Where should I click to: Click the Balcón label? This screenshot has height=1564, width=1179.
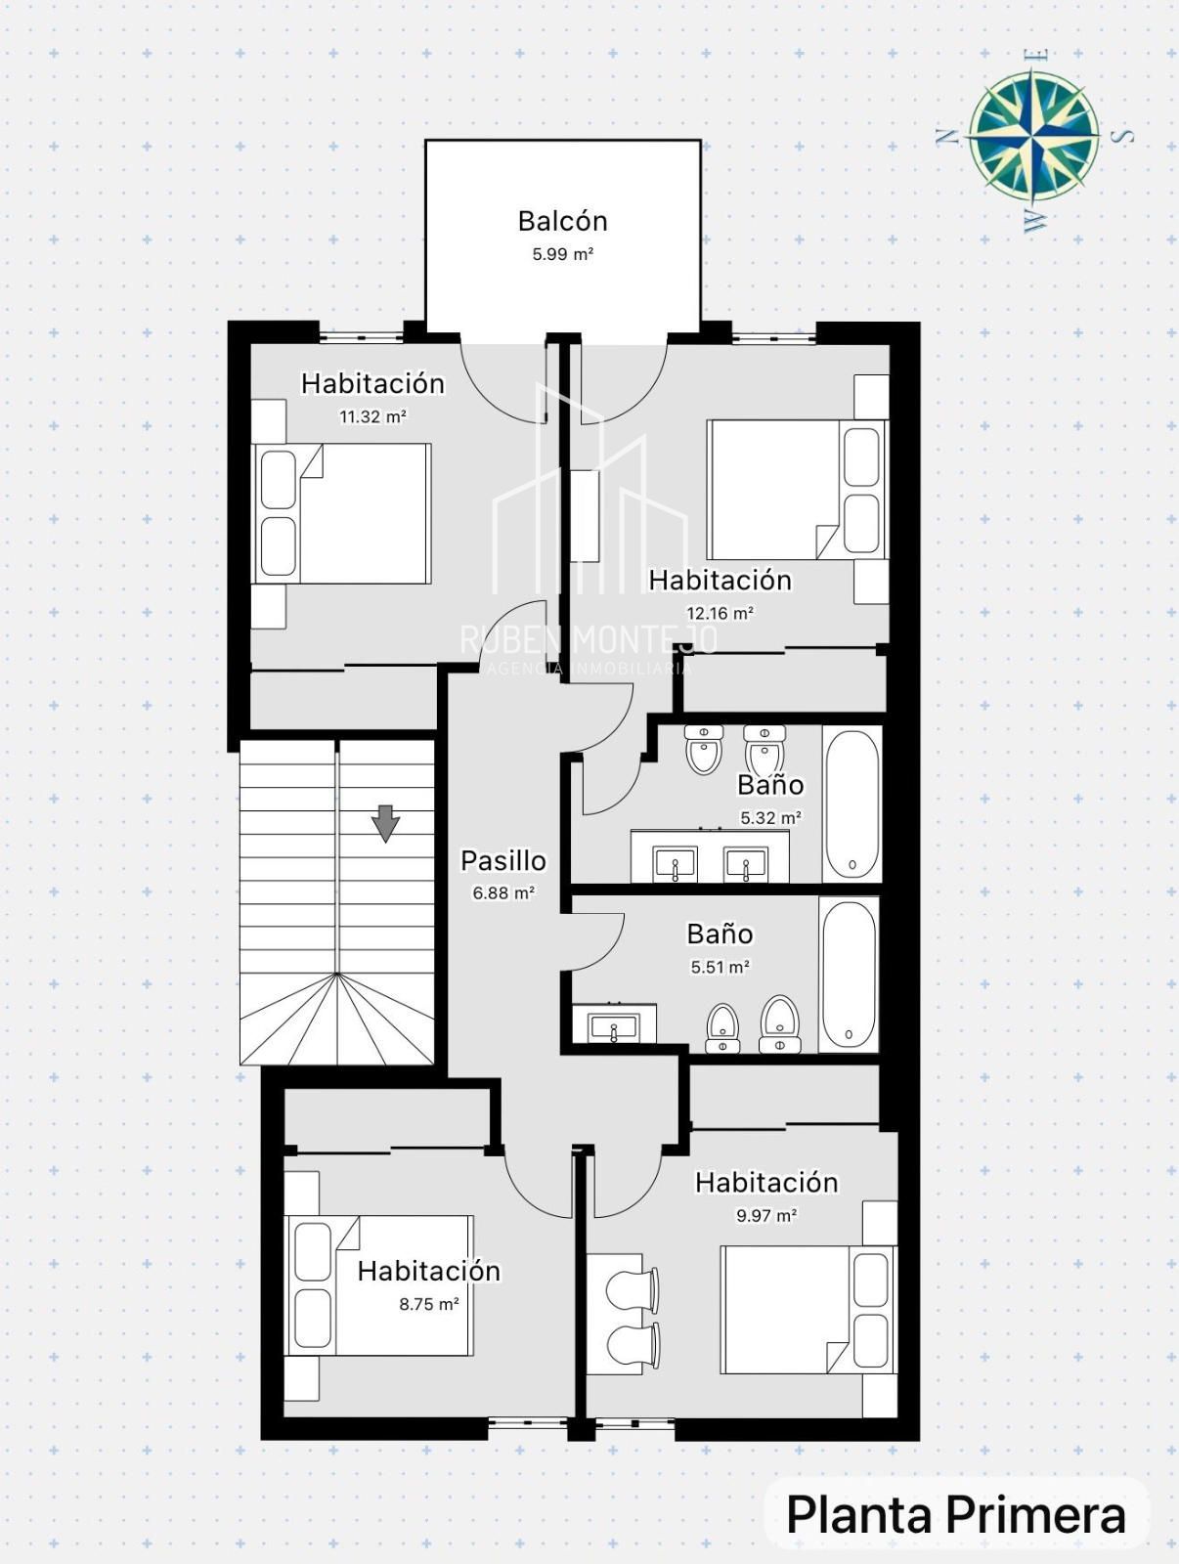(563, 221)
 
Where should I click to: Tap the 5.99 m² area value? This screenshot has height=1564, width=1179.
(563, 253)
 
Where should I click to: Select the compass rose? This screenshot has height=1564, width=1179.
(1032, 138)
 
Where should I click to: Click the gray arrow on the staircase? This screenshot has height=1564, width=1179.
(385, 823)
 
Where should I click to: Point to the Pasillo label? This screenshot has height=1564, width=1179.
(502, 861)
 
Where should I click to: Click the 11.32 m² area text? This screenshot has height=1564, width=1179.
(372, 416)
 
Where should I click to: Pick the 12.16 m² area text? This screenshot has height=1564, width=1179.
(720, 613)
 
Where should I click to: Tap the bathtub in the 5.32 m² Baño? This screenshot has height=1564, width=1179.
(852, 804)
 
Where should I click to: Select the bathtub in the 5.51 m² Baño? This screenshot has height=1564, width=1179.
(849, 974)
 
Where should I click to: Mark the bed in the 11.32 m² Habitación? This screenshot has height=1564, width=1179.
(342, 514)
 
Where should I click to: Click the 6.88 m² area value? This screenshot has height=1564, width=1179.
(503, 892)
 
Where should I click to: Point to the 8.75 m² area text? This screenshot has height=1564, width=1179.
(429, 1304)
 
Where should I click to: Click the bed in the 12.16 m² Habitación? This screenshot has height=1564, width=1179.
(797, 490)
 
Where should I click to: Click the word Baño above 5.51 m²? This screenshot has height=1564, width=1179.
(720, 934)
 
